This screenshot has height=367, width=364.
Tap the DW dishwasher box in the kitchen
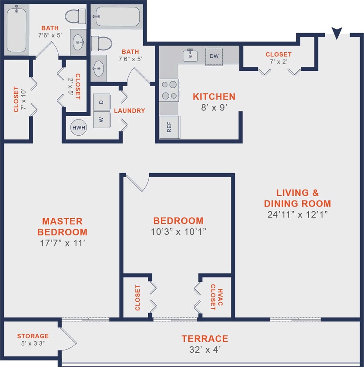pos(214,56)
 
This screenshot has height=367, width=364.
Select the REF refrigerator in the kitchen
pos(169,127)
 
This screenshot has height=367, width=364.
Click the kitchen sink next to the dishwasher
pos(190,56)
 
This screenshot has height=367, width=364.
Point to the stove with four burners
pos(169,90)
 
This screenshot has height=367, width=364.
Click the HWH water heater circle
pos(79,128)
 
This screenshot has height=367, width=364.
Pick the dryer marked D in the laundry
pos(101,102)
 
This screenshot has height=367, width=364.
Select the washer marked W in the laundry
pos(101,120)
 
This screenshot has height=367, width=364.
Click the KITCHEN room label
pos(214,97)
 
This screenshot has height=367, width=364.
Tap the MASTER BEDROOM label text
pos(62,227)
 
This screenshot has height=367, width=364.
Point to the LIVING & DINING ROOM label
pos(297,198)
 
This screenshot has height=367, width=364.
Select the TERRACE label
pos(204,338)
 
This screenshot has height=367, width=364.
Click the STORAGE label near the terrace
pos(33,336)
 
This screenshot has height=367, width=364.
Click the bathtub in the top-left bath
pos(17,30)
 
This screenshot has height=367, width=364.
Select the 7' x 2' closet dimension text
pos(278,62)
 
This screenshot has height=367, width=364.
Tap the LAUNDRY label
pos(129,111)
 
